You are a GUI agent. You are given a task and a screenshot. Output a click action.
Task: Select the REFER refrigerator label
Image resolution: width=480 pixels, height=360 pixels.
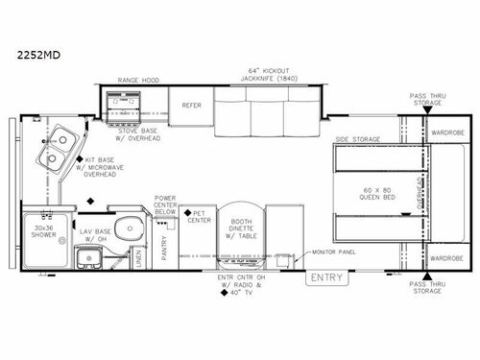[x=191, y=107]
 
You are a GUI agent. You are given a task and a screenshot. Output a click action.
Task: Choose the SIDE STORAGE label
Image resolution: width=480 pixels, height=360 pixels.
[x=359, y=139]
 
